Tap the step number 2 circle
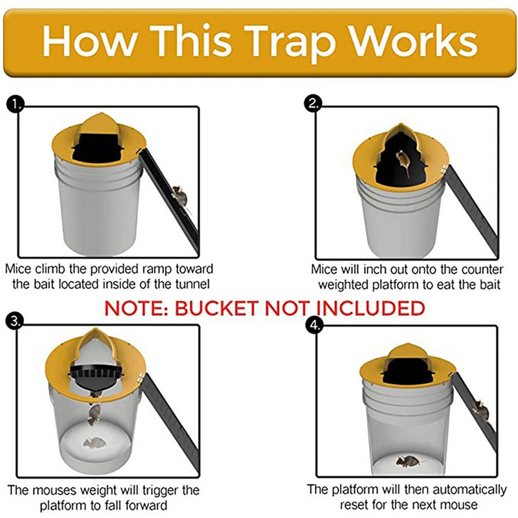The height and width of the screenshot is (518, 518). click(x=313, y=104)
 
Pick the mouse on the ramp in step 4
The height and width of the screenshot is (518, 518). click(x=480, y=408)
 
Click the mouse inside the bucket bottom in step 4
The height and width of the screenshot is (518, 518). click(x=408, y=461)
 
